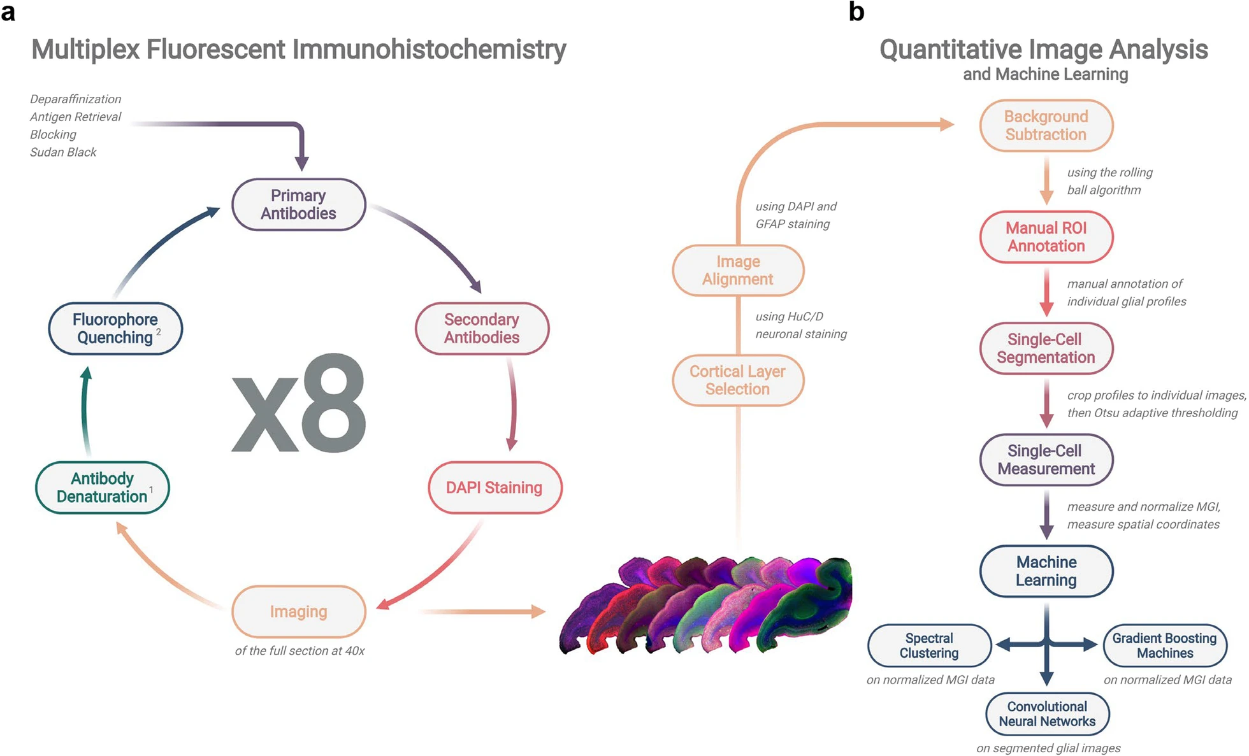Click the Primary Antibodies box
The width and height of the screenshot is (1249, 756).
(x=298, y=204)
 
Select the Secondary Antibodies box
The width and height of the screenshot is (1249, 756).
(x=482, y=329)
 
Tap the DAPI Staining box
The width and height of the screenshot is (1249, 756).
(x=495, y=488)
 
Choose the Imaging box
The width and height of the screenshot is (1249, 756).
(x=298, y=611)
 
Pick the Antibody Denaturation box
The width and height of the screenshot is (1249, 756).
(x=102, y=488)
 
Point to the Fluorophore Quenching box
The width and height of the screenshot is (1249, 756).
(x=115, y=329)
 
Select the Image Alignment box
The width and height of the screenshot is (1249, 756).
(x=738, y=271)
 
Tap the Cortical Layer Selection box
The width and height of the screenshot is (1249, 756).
(x=738, y=380)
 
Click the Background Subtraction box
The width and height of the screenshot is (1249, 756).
(x=1046, y=125)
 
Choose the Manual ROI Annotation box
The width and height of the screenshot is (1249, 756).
(x=1046, y=237)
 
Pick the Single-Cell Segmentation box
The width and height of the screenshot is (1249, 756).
(x=1046, y=348)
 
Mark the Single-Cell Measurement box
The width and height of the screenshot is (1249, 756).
(x=1046, y=460)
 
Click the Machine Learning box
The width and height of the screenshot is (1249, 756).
(x=1046, y=571)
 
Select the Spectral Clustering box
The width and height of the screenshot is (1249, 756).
(x=929, y=646)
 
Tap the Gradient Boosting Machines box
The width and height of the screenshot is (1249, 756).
(x=1164, y=646)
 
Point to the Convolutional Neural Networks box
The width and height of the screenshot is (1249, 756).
(x=1047, y=714)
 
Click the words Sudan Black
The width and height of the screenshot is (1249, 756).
(x=63, y=152)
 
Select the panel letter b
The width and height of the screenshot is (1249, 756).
(x=856, y=11)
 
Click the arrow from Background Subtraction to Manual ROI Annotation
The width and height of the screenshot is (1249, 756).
(x=1046, y=181)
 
